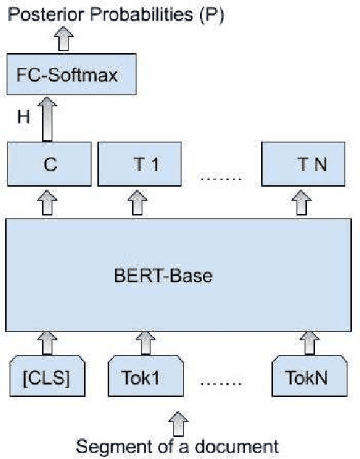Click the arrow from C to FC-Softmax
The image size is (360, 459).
point(49,120)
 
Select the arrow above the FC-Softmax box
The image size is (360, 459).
point(63,39)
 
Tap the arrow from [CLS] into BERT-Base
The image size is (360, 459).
point(47,342)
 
